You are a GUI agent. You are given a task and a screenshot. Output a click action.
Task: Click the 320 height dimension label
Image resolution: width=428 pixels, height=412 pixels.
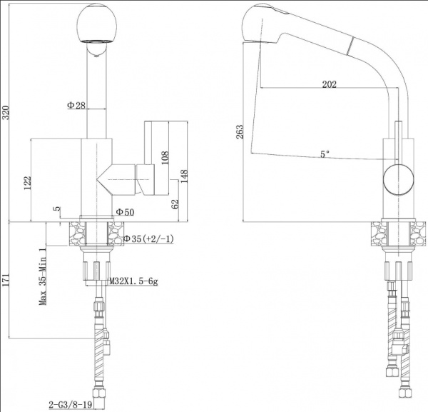pyautogui.click(x=6, y=113)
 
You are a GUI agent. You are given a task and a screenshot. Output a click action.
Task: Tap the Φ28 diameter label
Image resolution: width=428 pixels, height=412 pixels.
pyautogui.click(x=76, y=106)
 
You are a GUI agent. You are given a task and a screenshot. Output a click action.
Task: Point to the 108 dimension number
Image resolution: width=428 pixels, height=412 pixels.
pyautogui.click(x=165, y=157)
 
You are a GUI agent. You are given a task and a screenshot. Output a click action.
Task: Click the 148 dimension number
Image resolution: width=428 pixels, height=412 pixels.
pyautogui.click(x=185, y=176)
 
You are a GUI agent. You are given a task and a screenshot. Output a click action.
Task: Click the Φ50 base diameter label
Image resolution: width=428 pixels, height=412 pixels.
pyautogui.click(x=125, y=212)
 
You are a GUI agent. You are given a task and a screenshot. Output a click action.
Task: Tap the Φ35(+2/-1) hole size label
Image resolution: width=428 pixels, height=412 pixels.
pyautogui.click(x=148, y=238)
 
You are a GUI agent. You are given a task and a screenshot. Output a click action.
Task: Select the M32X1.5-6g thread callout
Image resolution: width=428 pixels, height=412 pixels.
pyautogui.click(x=133, y=282)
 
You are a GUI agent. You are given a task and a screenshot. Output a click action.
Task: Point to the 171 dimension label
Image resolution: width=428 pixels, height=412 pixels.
pyautogui.click(x=6, y=280)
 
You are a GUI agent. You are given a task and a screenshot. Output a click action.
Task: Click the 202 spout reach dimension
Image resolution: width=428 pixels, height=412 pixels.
pyautogui.click(x=329, y=84)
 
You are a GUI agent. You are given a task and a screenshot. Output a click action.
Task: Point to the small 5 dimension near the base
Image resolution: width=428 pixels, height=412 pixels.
pyautogui.click(x=56, y=209)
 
